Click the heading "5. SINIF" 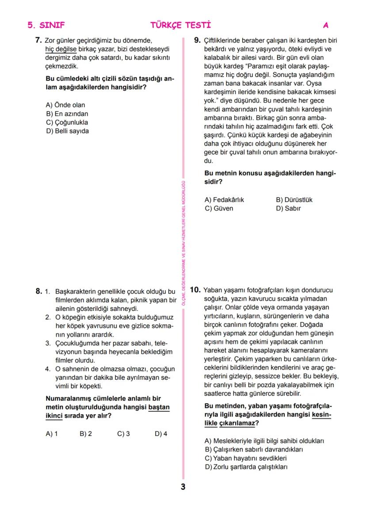(x=43, y=26)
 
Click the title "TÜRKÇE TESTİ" (x=180, y=26)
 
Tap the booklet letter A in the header (x=326, y=26)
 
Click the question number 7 (x=38, y=41)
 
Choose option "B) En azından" (x=67, y=114)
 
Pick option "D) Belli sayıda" (x=68, y=131)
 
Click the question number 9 (x=198, y=41)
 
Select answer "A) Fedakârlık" (x=224, y=200)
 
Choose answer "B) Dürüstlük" (x=294, y=200)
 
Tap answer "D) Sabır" (x=288, y=208)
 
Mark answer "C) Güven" (x=218, y=208)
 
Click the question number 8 (x=38, y=291)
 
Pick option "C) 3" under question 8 (x=123, y=434)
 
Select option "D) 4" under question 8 (x=161, y=434)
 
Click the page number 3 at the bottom (x=183, y=487)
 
